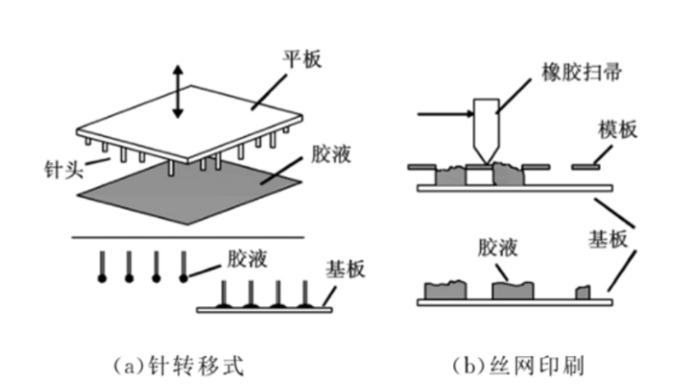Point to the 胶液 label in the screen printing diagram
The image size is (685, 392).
point(497,247)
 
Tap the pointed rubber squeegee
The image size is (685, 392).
point(487,131)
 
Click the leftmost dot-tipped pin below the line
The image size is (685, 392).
point(101,265)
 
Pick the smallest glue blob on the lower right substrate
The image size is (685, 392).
point(583,292)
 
